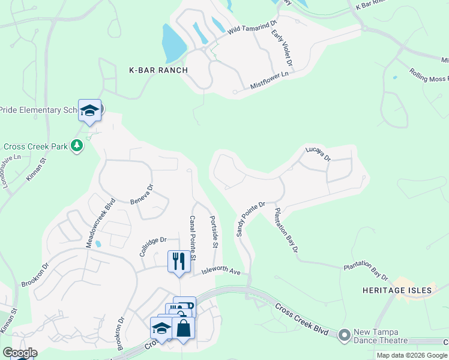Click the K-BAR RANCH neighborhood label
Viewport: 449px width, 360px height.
158,70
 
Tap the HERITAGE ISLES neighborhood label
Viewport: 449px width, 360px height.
397,290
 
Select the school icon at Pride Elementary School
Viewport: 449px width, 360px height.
89,111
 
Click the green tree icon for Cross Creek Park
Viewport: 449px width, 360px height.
77,145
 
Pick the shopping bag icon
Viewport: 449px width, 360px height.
183,328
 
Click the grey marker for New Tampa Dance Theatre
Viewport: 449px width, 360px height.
345,334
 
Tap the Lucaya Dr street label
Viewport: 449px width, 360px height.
318,154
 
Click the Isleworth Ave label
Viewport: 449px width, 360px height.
220,272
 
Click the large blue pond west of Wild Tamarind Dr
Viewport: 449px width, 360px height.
173,43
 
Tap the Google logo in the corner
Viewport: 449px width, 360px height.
20,353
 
